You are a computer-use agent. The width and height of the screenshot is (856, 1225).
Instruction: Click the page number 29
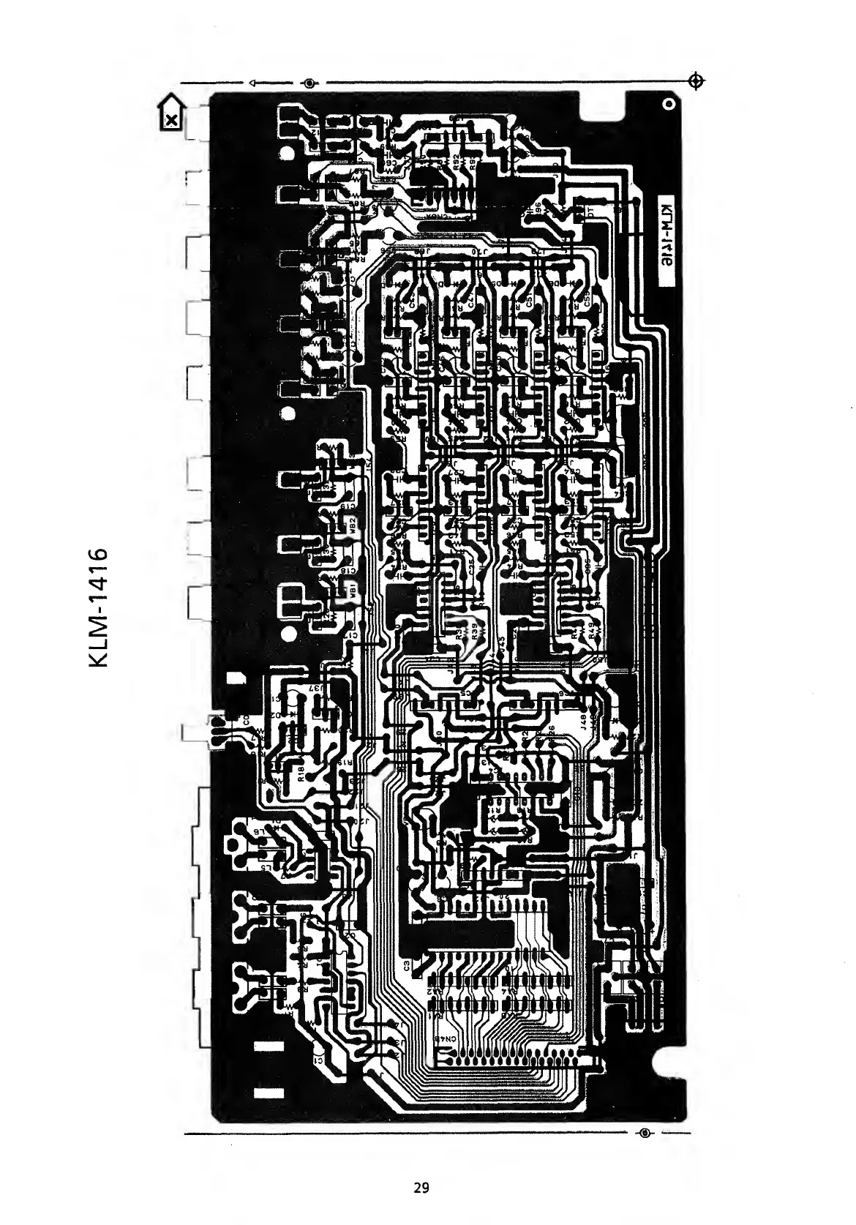pyautogui.click(x=421, y=1187)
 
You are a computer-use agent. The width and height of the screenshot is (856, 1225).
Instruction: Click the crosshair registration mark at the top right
pyautogui.click(x=697, y=80)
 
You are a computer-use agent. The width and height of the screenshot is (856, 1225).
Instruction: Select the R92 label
pyautogui.click(x=456, y=162)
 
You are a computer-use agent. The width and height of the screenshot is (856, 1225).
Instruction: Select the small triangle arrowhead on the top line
pyautogui.click(x=252, y=83)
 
